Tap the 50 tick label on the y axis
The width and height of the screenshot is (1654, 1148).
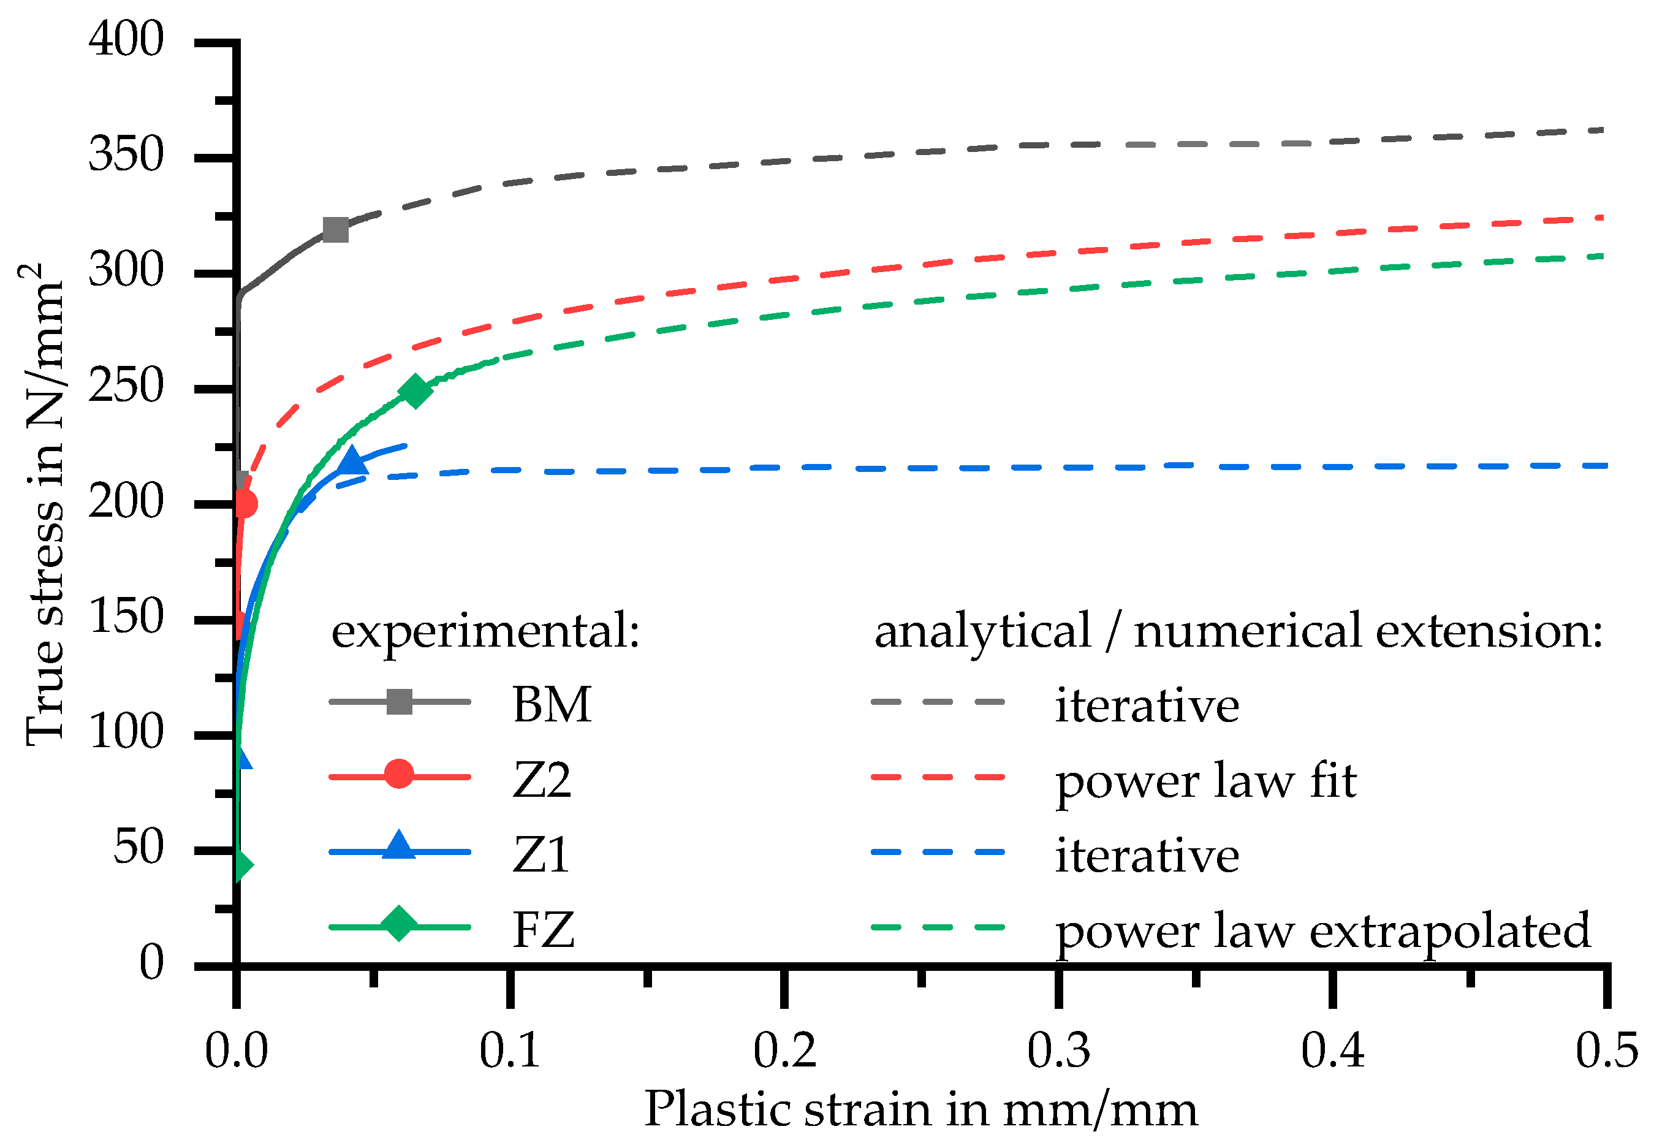(138, 847)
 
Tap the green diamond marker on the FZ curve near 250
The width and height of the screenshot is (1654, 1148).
(414, 391)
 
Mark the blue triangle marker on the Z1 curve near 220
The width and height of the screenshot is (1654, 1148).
(351, 460)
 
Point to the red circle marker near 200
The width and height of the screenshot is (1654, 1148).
(245, 503)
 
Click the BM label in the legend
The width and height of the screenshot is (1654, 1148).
(552, 704)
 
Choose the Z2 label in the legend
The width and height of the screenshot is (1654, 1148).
(542, 780)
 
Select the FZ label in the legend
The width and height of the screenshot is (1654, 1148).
(543, 930)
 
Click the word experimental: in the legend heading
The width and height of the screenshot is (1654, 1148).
(485, 631)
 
